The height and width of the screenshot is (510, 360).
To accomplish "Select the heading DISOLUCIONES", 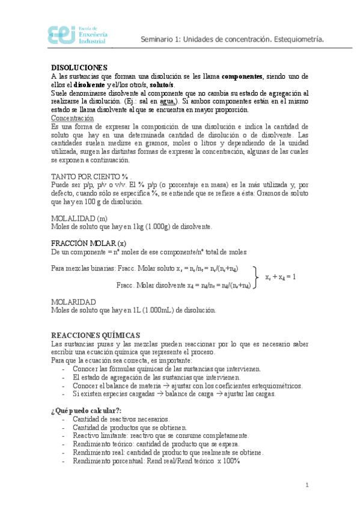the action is click(79, 67).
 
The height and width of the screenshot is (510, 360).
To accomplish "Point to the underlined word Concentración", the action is click(72, 118).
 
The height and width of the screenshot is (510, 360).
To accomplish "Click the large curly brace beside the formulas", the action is click(257, 277).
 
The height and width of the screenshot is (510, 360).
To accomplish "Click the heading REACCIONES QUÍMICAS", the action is click(96, 335).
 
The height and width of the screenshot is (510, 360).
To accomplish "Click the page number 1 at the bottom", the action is click(307, 485).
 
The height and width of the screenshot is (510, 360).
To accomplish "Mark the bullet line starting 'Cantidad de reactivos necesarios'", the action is click(121, 419).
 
